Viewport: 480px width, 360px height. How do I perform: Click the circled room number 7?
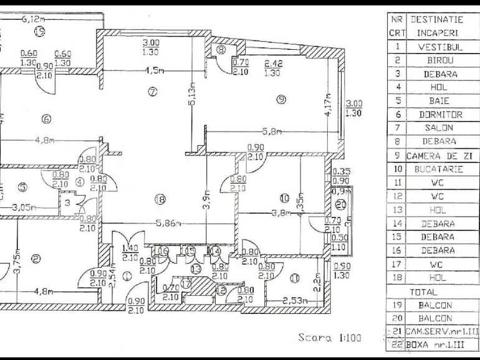(152, 92)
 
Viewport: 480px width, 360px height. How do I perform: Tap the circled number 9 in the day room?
(281, 98)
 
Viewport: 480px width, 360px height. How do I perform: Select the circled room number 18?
(160, 199)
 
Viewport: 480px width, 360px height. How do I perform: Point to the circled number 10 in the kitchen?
(284, 198)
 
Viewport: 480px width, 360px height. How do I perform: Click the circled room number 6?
(46, 120)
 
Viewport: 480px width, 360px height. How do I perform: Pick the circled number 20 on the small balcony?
(340, 204)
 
